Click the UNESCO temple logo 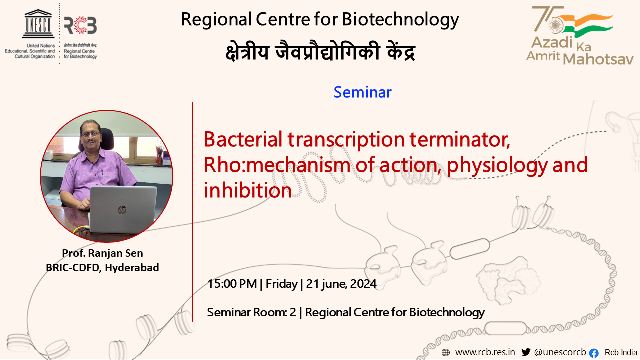(x=38, y=24)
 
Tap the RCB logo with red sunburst (x=80, y=25)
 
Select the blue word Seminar (x=362, y=92)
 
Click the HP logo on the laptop (x=122, y=210)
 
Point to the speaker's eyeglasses (x=91, y=133)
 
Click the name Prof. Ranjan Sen (x=102, y=253)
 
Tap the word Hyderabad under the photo (x=132, y=268)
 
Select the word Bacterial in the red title (x=243, y=139)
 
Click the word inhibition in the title (x=247, y=190)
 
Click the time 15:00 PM (x=232, y=284)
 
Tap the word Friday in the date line (x=281, y=284)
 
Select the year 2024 (x=363, y=284)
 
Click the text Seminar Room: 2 (x=251, y=312)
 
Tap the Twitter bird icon (x=526, y=352)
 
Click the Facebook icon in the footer (x=594, y=353)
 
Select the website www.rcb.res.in (x=485, y=352)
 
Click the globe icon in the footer (x=445, y=353)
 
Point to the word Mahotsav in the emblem (x=598, y=59)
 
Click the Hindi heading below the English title (x=320, y=51)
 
